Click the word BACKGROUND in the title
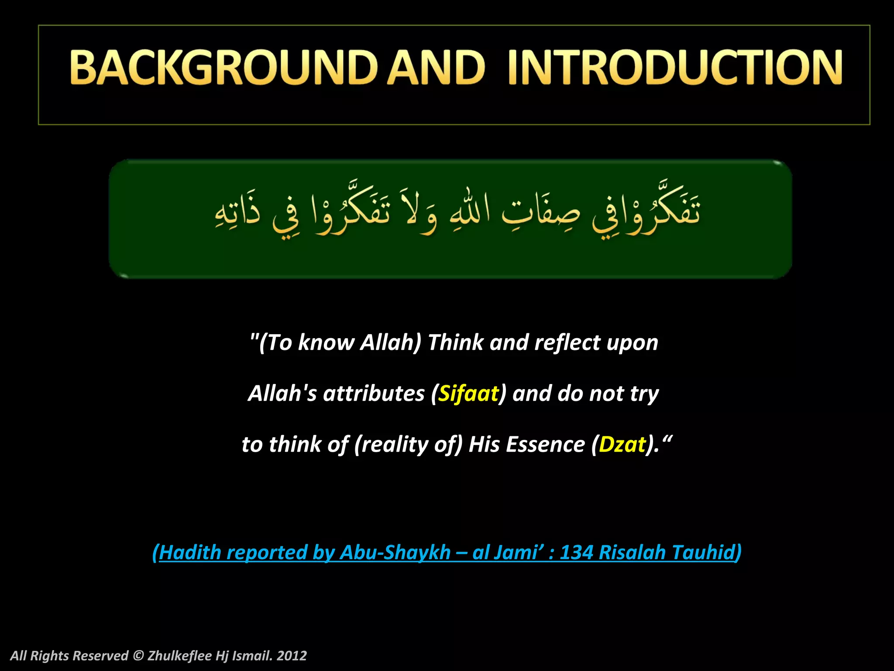pos(223,67)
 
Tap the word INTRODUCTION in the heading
pos(675,67)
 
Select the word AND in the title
pos(437,67)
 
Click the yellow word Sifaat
pos(468,393)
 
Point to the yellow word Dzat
pos(622,444)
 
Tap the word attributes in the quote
pos(374,393)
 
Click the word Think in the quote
pos(456,342)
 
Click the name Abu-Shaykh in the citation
pos(395,552)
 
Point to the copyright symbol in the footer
pos(138,656)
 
